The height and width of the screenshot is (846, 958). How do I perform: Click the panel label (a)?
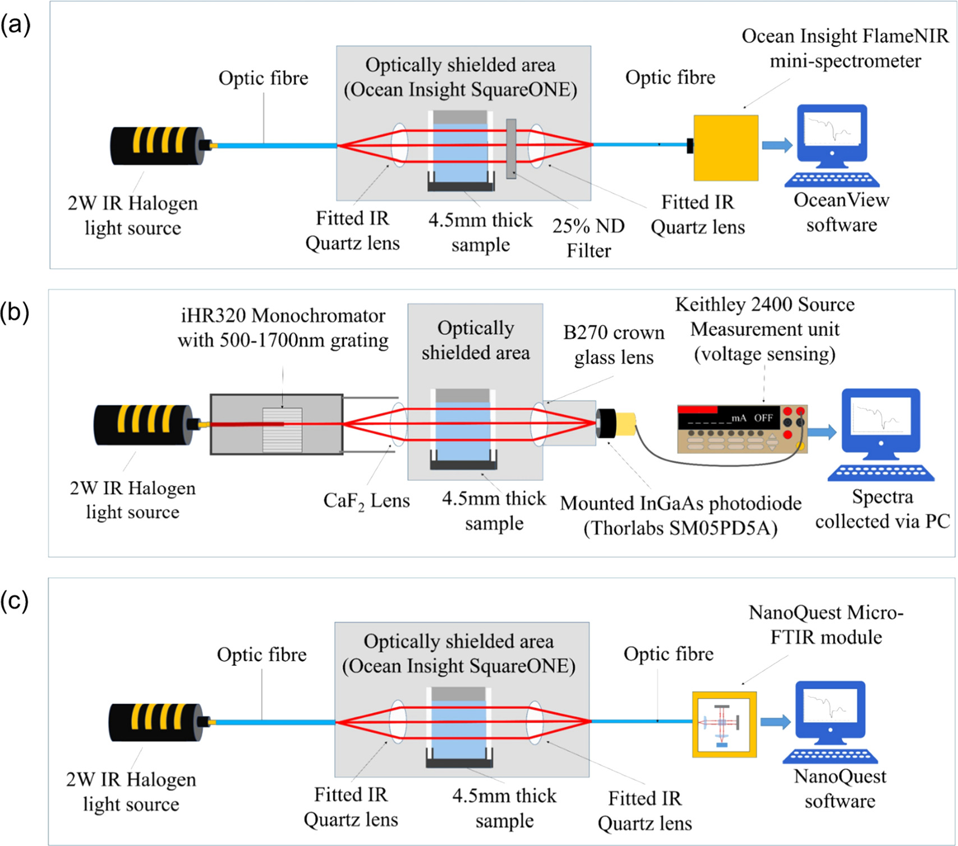click(16, 25)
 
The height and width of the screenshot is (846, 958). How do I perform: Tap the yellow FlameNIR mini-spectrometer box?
click(725, 148)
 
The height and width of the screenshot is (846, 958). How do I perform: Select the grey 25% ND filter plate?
click(511, 149)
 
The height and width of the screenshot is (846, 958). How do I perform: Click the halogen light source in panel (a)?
click(157, 146)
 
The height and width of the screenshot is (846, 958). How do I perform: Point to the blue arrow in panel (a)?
click(777, 145)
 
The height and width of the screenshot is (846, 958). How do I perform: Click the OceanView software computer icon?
click(832, 145)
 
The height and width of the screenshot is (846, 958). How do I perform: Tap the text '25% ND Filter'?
click(588, 238)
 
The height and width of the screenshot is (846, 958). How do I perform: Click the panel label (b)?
click(16, 312)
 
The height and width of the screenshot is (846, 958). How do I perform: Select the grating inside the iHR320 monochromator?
click(282, 430)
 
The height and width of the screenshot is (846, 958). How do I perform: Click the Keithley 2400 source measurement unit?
click(741, 429)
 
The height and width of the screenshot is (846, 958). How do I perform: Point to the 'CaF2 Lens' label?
click(366, 500)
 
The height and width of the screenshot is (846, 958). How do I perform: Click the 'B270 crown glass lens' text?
click(614, 344)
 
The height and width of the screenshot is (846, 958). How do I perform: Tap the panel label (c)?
click(15, 601)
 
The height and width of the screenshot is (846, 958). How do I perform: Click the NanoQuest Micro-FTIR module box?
click(724, 724)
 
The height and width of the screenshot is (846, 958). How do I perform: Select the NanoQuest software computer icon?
click(831, 721)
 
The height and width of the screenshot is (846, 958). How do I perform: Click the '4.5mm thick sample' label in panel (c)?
click(504, 808)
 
